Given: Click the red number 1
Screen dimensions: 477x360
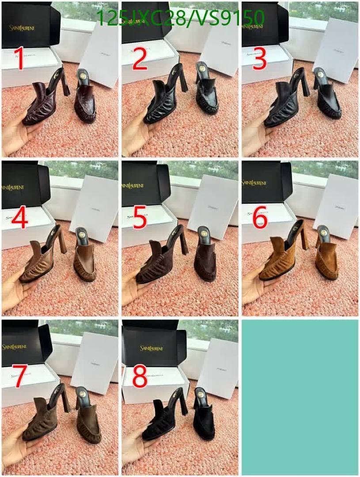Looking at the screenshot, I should (x=19, y=60).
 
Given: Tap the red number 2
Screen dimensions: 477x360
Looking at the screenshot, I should (x=139, y=60).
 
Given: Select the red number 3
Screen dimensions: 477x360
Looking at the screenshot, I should (x=260, y=60).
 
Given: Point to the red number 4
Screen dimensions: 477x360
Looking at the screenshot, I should (x=20, y=219).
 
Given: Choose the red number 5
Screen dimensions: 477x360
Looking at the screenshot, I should (x=139, y=219).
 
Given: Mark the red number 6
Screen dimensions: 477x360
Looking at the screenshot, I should (x=260, y=219).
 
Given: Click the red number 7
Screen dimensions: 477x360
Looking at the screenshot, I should (x=20, y=376).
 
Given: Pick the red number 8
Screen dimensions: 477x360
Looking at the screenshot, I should (x=139, y=376).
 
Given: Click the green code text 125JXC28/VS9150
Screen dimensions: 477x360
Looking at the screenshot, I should (x=180, y=18).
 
